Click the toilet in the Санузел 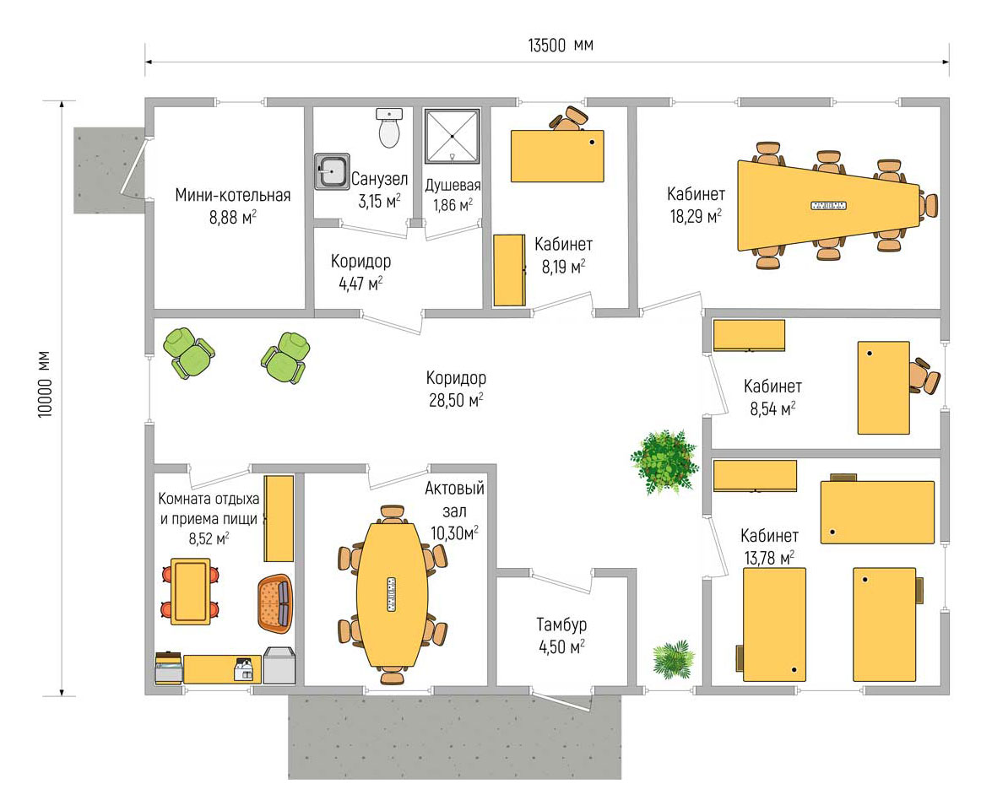coord(389,127)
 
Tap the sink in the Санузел coord(332,171)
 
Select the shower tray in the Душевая coord(453,137)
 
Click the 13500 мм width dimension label coord(561,45)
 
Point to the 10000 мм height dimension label coord(45,385)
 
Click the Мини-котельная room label coord(233,195)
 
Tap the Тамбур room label coord(561,624)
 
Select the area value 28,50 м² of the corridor coord(456,400)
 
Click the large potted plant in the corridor coord(664,462)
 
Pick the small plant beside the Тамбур coord(674,659)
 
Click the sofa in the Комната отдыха coord(275,603)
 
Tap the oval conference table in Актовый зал coord(393,595)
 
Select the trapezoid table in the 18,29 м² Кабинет coord(829,205)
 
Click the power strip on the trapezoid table coord(828,205)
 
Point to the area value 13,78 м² coord(769,557)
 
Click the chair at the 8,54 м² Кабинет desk coord(924,376)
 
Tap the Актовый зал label coord(455,500)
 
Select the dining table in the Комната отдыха coord(191,592)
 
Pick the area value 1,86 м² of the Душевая coord(453,204)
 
